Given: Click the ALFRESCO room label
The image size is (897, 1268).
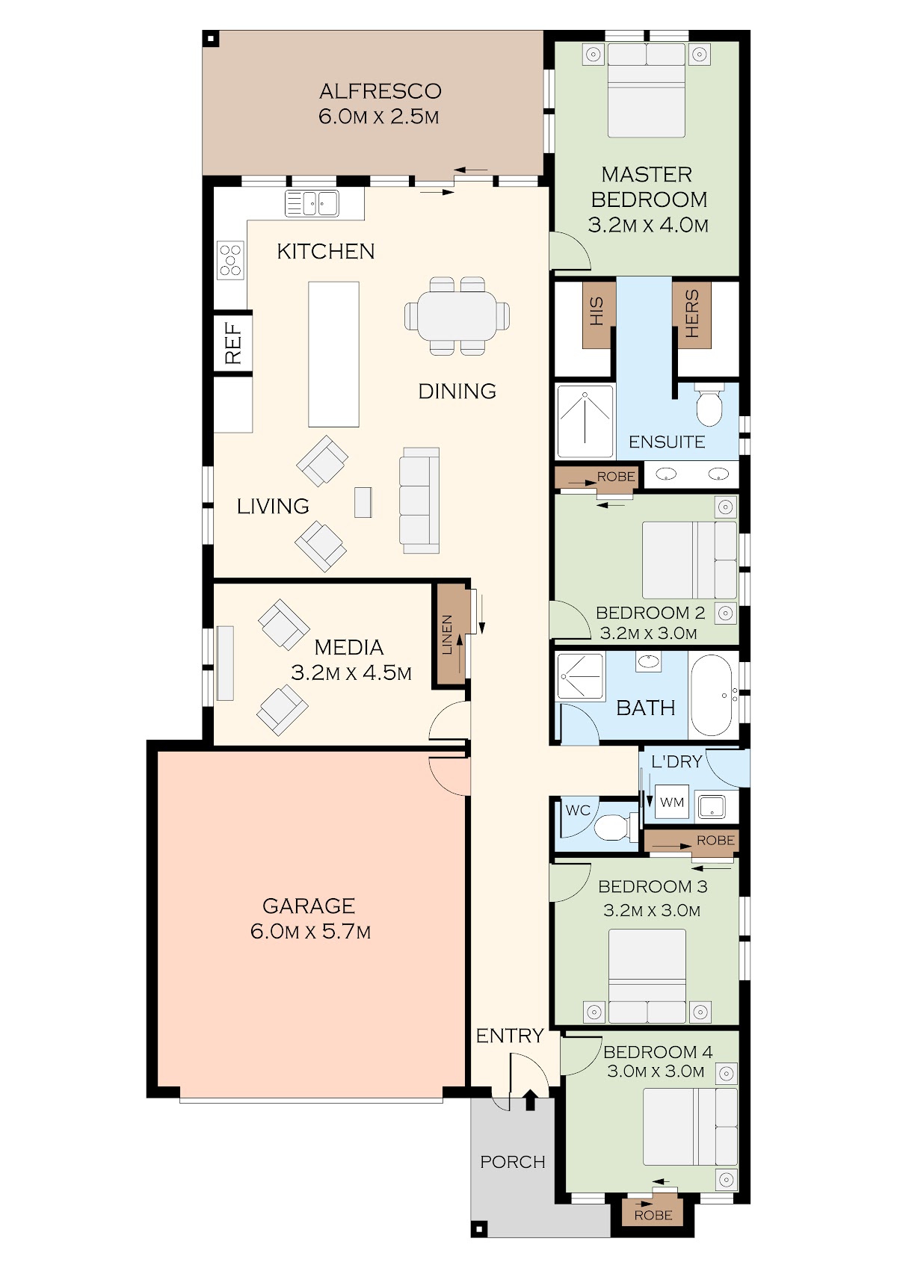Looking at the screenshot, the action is tap(380, 91).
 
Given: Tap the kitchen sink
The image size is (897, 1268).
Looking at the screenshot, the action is tap(312, 203).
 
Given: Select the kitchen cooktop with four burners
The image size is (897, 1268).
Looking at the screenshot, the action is tap(230, 260).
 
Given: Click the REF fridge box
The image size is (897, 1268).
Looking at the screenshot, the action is tap(232, 342).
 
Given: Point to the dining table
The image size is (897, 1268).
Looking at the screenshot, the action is tap(457, 315).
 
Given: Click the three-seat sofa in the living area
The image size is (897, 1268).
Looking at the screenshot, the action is tap(419, 501).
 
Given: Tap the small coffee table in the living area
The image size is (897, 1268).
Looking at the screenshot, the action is tap(363, 502).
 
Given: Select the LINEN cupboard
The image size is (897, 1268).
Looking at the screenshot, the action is tap(451, 634).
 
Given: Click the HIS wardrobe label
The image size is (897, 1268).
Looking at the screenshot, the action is tap(597, 312).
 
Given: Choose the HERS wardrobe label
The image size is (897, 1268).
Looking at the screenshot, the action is tap(692, 314).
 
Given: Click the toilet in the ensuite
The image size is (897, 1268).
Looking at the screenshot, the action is tap(709, 405).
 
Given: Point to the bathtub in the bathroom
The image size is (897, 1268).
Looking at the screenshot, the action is tap(712, 695).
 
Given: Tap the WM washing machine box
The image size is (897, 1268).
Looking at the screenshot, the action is tap(672, 802).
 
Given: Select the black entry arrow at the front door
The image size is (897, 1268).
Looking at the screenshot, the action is tap(530, 1100).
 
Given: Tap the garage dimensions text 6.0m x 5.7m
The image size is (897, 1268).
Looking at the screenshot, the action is tap(310, 931).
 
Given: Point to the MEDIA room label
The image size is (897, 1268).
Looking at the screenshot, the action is tap(349, 647).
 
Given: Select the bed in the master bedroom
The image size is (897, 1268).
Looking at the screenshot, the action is tap(646, 90).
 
